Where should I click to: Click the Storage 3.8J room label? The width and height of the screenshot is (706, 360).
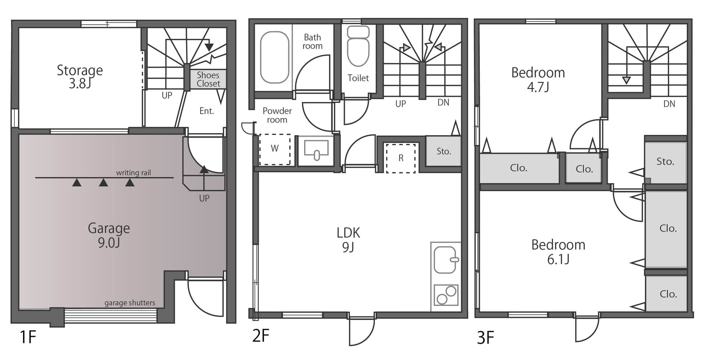click(x=80, y=76)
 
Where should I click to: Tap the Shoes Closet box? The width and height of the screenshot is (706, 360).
click(x=208, y=79)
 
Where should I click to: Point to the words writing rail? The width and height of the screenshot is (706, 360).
click(x=133, y=172)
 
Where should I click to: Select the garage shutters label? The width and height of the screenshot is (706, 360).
click(x=130, y=303)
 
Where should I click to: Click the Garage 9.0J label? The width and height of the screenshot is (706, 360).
click(x=109, y=235)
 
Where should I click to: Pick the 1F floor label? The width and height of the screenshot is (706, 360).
click(x=28, y=337)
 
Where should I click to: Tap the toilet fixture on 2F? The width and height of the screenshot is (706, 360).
click(x=358, y=46)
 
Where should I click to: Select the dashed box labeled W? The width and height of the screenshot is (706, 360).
click(x=275, y=149)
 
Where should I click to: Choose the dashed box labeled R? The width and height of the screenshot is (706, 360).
click(x=401, y=158)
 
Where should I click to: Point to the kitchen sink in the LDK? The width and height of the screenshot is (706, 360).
click(x=446, y=260)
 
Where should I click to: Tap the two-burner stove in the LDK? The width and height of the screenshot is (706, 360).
click(x=446, y=295)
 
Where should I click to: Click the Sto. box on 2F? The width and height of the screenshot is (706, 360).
click(x=443, y=151)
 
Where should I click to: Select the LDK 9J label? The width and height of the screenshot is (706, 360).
click(x=348, y=240)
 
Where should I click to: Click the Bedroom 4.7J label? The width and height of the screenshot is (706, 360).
click(x=538, y=79)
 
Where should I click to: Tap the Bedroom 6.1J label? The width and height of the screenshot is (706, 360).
click(x=558, y=252)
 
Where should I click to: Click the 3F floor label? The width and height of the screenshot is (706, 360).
click(x=485, y=337)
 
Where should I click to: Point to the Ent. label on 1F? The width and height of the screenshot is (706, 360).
click(x=207, y=111)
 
